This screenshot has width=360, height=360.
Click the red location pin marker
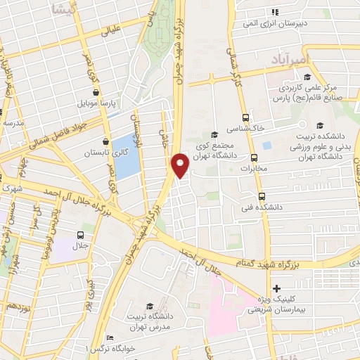coord(181,165)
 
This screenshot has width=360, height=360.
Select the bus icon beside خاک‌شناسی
coord(245,118)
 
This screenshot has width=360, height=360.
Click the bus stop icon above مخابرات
coord(253,157)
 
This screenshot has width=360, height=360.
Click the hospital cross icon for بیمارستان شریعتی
coord(276,288)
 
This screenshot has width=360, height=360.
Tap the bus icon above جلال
coord(80,235)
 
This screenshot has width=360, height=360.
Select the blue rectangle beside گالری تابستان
coord(126,155)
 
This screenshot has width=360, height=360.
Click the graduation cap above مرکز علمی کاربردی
coord(288,78)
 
